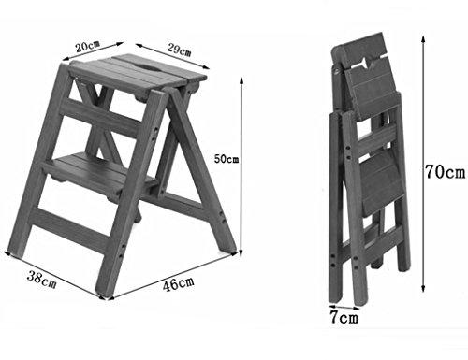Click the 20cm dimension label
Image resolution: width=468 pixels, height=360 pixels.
pos(88,46)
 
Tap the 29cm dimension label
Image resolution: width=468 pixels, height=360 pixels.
pos(179,50)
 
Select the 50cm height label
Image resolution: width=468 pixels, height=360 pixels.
pos(227,159)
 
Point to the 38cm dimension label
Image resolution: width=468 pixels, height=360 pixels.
pos(42,279)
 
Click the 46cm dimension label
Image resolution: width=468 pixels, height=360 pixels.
pos(178,283)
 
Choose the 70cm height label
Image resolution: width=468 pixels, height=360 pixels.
pos(446,172)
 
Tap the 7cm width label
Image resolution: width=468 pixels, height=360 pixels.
pos(344,318)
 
